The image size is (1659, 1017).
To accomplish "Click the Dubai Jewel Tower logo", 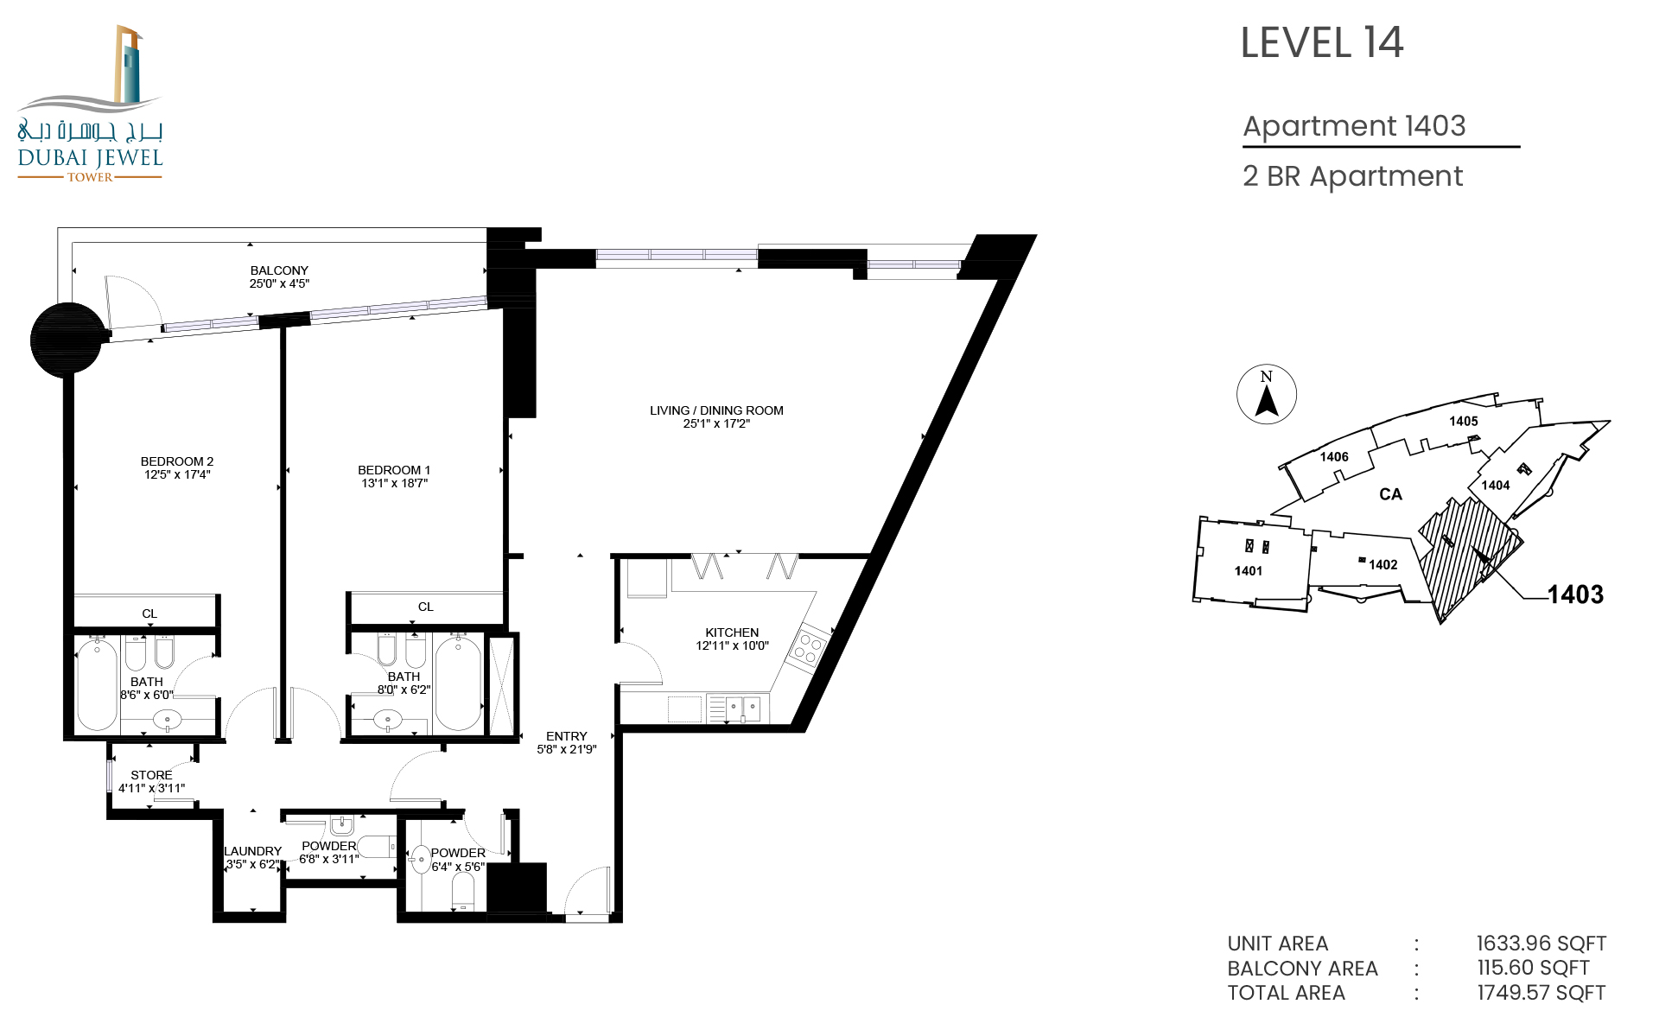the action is point(90,104).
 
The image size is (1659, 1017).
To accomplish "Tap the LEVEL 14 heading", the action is point(1321,43).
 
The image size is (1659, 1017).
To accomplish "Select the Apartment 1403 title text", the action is point(1354,126).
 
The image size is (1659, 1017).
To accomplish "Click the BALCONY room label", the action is point(279,270).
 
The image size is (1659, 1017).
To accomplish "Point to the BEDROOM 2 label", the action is point(177,461).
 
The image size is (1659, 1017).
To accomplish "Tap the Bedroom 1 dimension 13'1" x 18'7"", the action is point(394,483).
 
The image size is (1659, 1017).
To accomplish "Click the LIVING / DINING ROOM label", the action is point(716,410).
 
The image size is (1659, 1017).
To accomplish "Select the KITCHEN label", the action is point(732,632).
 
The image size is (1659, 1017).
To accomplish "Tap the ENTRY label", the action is point(567,736).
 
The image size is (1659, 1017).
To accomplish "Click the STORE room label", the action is point(151,775).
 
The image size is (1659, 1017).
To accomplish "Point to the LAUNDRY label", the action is point(252,851).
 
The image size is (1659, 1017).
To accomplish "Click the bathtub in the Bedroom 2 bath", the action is point(97,683).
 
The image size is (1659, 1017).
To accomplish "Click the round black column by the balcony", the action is point(67,339).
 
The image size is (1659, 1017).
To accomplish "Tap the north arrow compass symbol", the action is point(1267,394).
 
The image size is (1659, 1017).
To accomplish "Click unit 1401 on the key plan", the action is point(1249,570).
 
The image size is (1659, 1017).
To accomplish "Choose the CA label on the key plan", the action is point(1390,494).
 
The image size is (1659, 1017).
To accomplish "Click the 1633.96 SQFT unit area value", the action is point(1541,944).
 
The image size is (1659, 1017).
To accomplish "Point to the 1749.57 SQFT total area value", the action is point(1541,993).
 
